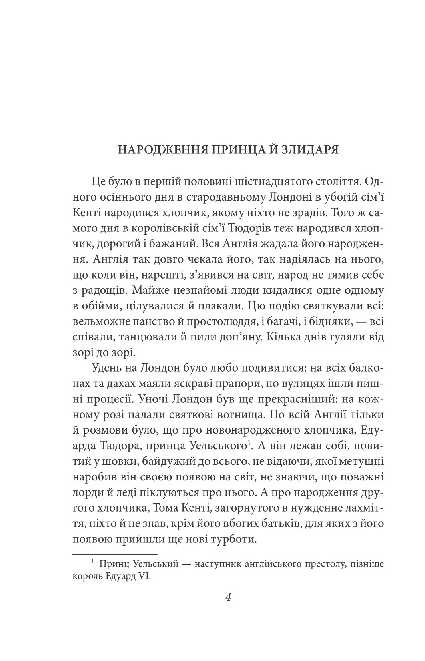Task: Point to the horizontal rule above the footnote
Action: click(x=115, y=555)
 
